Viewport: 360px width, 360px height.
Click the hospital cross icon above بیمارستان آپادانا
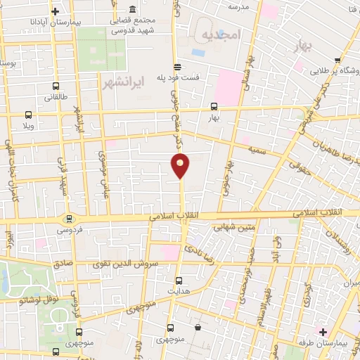[x=56, y=12]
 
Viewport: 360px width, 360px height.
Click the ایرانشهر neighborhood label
[x=122, y=82]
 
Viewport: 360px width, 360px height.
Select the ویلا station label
[x=28, y=125]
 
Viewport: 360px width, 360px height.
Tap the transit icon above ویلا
[x=28, y=115]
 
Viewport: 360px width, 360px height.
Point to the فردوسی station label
[x=69, y=230]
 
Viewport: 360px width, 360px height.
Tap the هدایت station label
[x=179, y=290]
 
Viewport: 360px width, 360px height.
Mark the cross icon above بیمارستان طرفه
[x=323, y=331]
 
